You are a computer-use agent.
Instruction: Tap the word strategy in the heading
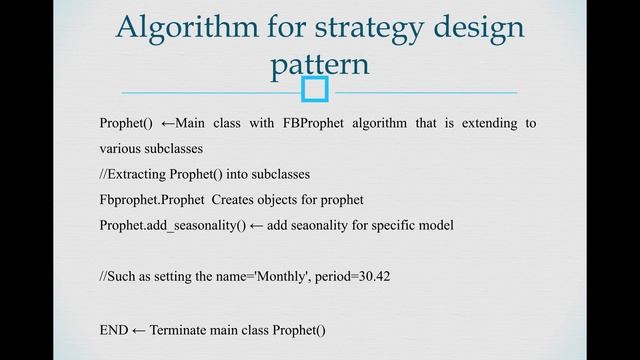347,27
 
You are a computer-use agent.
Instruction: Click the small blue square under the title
315,91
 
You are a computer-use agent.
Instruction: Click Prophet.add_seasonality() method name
173,225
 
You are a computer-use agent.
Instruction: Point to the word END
114,329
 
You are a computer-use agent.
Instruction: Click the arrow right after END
139,329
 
